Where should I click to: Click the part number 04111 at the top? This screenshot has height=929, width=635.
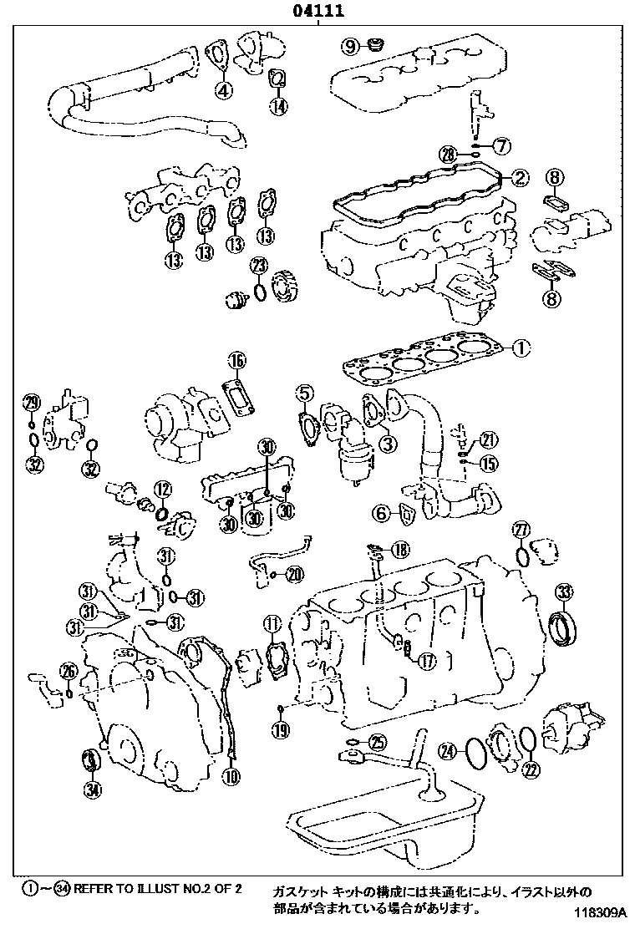click(317, 12)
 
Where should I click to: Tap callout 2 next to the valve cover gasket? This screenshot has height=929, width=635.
click(519, 177)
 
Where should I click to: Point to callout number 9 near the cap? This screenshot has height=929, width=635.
click(350, 44)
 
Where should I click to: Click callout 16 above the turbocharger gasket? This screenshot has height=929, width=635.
click(237, 360)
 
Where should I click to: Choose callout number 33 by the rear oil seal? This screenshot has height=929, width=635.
click(565, 593)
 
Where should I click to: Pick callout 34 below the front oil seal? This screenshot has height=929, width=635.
click(92, 787)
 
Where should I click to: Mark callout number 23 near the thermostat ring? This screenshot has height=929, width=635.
click(260, 267)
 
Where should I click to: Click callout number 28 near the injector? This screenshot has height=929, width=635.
click(448, 154)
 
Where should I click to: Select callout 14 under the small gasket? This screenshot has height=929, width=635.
click(278, 105)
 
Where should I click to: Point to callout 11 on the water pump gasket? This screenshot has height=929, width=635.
click(272, 622)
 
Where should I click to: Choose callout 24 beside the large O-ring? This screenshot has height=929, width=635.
click(450, 751)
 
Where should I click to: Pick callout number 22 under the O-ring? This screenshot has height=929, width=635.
click(530, 769)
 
